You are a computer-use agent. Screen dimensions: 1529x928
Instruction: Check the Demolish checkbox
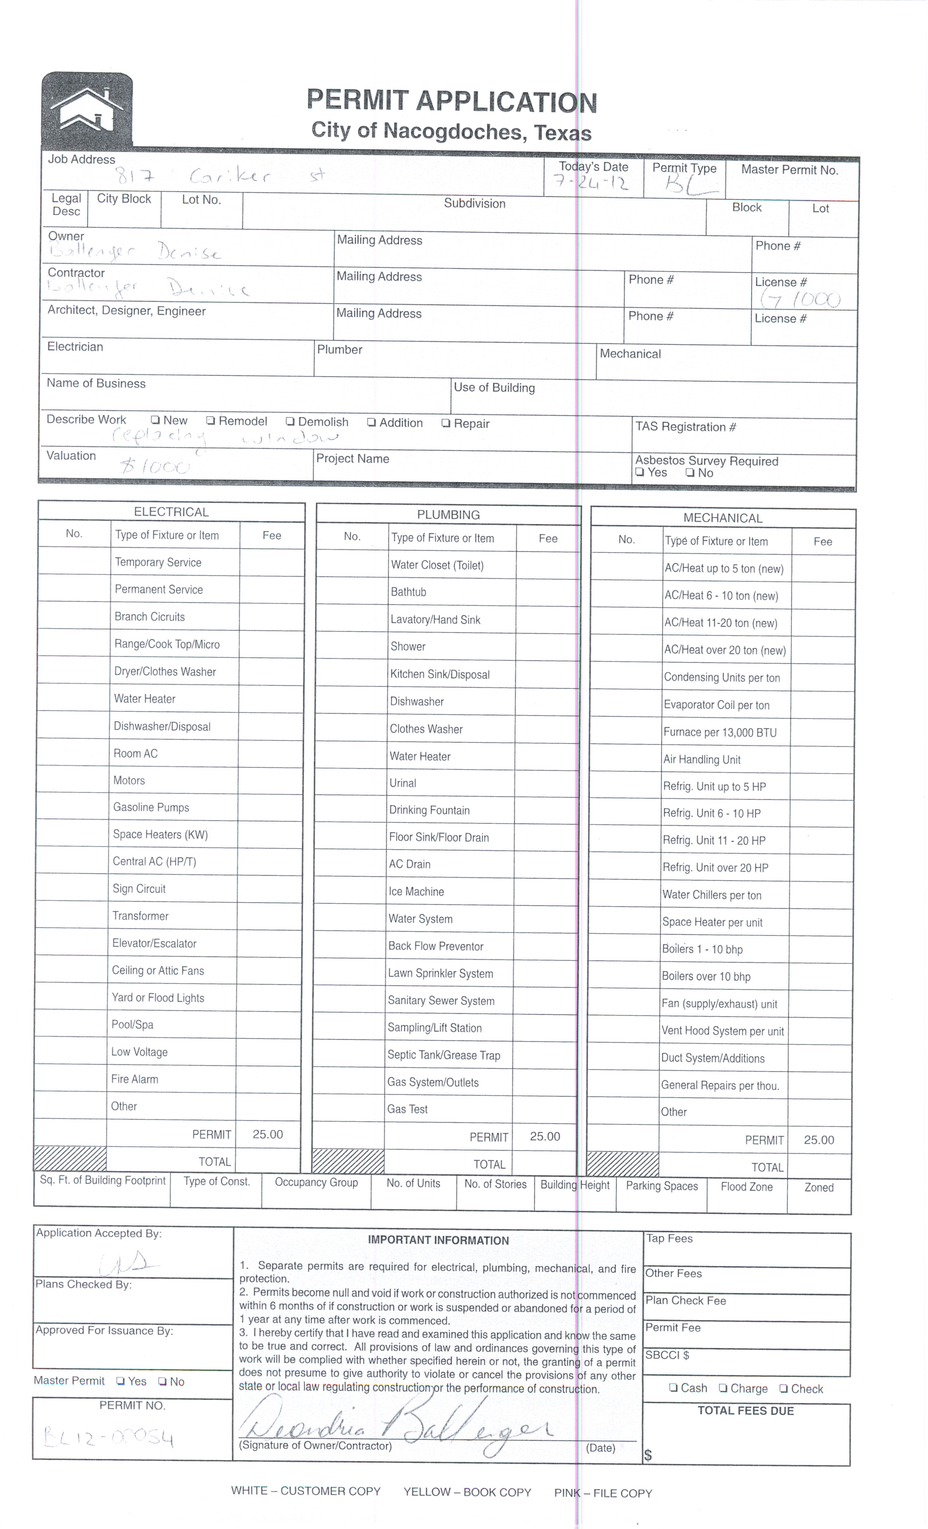(x=290, y=421)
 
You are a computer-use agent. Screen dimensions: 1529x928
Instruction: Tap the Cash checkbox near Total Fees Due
(x=673, y=1388)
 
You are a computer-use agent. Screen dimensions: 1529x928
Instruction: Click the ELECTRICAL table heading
(x=171, y=512)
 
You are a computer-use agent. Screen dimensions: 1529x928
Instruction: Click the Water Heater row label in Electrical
(x=144, y=699)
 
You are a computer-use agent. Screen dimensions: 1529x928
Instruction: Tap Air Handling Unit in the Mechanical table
(x=702, y=759)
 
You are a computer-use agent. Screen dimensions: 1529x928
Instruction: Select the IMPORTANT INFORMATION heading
(x=438, y=1240)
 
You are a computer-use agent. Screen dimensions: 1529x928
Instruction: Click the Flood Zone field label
(x=746, y=1187)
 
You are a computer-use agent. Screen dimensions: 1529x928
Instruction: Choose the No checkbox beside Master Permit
(x=163, y=1381)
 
